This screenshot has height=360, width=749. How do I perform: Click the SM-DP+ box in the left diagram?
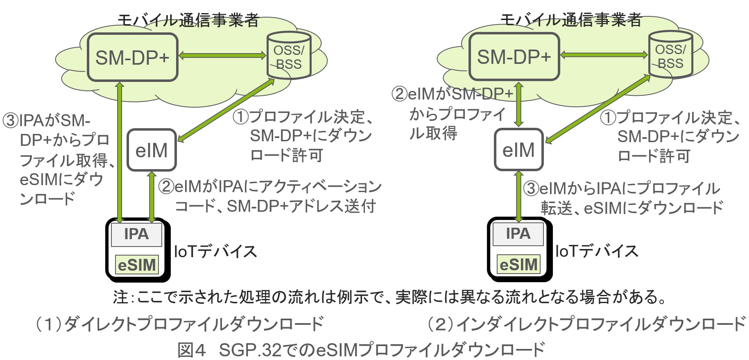(x=132, y=57)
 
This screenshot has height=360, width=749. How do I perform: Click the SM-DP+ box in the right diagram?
(x=514, y=57)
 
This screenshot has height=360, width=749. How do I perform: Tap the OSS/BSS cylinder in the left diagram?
(x=289, y=57)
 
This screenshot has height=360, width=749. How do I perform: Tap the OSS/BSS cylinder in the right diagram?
(x=670, y=56)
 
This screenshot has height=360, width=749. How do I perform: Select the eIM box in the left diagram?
(x=152, y=150)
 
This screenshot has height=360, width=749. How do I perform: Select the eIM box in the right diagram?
(x=518, y=149)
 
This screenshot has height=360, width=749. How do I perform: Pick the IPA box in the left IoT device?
(x=136, y=234)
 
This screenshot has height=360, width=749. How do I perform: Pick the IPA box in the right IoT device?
(x=518, y=234)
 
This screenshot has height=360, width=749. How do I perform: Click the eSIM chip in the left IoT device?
(x=137, y=265)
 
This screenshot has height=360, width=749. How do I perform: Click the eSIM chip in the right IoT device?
(x=518, y=265)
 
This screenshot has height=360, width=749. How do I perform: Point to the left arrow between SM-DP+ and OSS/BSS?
(x=222, y=55)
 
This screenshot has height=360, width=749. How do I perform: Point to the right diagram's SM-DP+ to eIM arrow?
(x=519, y=104)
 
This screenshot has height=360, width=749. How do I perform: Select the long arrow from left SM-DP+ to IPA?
(x=120, y=152)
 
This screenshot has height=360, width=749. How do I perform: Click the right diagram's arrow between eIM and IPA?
(x=519, y=196)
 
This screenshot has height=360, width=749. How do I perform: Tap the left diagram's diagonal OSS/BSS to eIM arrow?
(x=226, y=111)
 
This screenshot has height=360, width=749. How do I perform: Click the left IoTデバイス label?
(x=215, y=251)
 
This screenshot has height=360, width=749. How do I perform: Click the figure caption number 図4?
(x=192, y=350)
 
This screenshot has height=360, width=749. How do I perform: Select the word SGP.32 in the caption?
(x=250, y=350)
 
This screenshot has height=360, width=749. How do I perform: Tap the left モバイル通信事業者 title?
(x=188, y=20)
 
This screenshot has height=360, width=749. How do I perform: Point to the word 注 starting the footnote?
(x=120, y=297)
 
